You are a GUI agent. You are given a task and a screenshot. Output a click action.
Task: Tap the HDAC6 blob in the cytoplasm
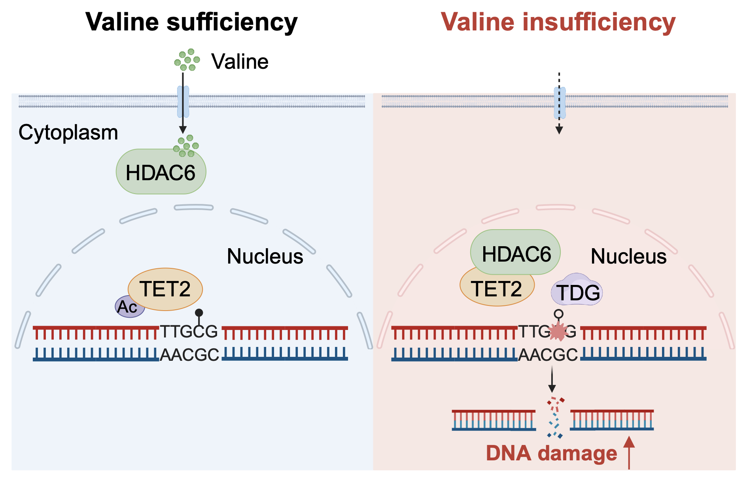pyautogui.click(x=161, y=173)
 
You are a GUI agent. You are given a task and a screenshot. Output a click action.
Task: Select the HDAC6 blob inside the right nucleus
pyautogui.click(x=516, y=253)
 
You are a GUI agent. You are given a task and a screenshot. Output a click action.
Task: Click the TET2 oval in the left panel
pyautogui.click(x=165, y=289)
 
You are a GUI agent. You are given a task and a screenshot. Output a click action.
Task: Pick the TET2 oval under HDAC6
pyautogui.click(x=496, y=290)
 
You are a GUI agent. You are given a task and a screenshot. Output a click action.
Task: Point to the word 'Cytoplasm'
pyautogui.click(x=68, y=132)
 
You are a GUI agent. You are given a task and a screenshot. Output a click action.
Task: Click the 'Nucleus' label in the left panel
pyautogui.click(x=265, y=256)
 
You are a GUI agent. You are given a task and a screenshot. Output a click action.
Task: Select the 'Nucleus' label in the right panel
pyautogui.click(x=628, y=256)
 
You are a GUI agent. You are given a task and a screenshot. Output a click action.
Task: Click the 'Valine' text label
pyautogui.click(x=240, y=62)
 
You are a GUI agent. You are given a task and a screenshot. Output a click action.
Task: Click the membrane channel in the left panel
pyautogui.click(x=183, y=102)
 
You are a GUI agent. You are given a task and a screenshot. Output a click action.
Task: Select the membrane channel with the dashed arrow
pyautogui.click(x=560, y=103)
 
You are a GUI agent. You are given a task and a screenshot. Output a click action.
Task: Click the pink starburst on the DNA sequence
pyautogui.click(x=558, y=331)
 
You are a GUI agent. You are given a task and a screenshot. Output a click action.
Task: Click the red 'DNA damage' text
pyautogui.click(x=551, y=453)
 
